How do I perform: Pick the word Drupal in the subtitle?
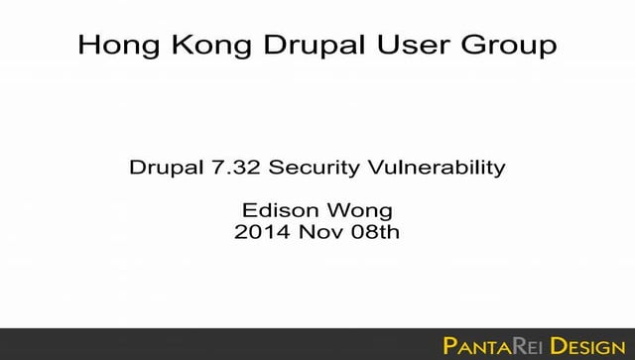point(162,168)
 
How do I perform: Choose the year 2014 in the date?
point(258,233)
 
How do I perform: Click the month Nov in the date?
point(317,233)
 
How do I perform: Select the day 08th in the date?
point(373,233)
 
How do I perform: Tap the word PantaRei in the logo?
point(492,345)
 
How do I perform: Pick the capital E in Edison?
point(248,211)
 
